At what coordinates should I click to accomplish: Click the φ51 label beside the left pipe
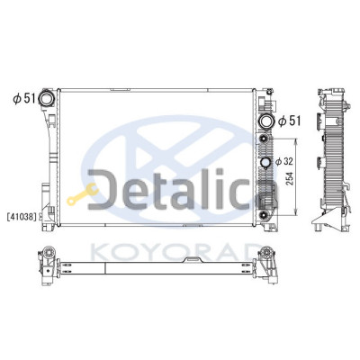point(24,98)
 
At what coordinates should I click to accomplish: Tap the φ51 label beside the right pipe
point(289,121)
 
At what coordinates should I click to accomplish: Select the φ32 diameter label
point(283,162)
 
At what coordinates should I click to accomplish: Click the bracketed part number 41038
point(22,216)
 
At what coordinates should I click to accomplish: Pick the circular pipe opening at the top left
point(47,98)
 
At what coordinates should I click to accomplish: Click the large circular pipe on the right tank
point(266,121)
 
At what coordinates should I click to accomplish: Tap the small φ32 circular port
point(265,162)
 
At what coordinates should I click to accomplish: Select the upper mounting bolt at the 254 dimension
point(264,139)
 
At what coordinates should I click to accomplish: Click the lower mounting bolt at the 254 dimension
point(264,215)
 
